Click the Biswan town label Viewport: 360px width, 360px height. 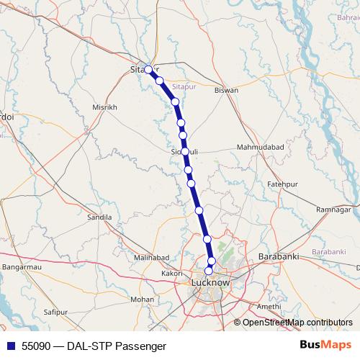(x=226, y=91)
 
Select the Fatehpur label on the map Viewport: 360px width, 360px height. (x=282, y=184)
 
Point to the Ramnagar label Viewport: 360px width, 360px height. (x=333, y=209)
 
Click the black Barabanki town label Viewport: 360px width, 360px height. (x=278, y=257)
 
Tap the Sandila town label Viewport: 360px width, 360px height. (x=99, y=217)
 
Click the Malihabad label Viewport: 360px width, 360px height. (x=151, y=257)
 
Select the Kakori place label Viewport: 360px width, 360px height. (x=172, y=274)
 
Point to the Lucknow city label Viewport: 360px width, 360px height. (x=211, y=283)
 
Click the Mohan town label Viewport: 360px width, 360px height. (x=143, y=299)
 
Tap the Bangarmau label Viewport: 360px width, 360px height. (x=21, y=267)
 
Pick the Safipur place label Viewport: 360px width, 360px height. (x=55, y=312)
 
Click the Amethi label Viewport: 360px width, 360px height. (x=269, y=306)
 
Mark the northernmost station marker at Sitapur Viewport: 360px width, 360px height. (x=148, y=70)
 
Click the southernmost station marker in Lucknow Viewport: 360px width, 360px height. (x=209, y=271)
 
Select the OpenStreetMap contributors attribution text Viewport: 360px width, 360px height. (x=297, y=323)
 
